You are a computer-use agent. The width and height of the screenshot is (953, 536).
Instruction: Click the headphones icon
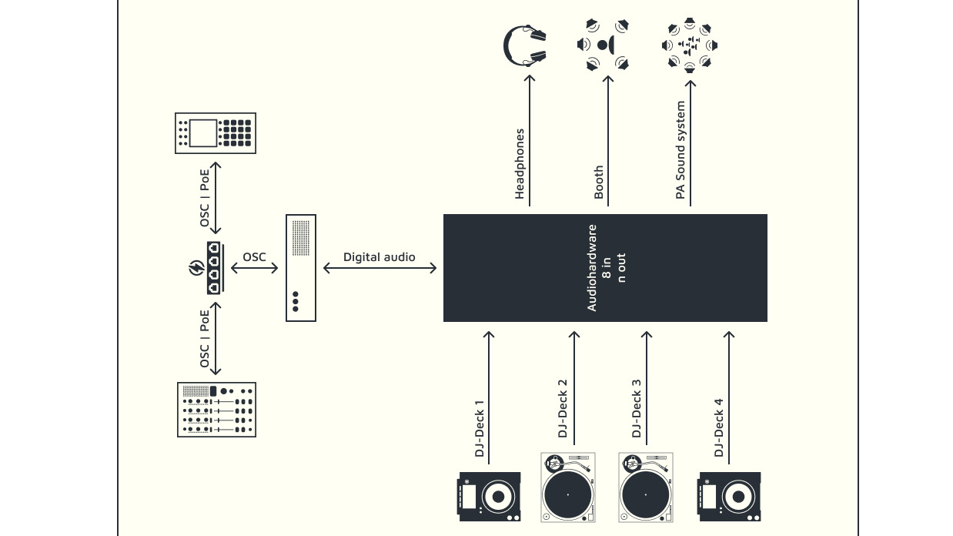tap(525, 45)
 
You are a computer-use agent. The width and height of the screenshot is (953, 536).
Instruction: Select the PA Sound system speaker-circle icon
tap(690, 45)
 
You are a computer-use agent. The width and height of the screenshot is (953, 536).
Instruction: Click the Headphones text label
tap(520, 163)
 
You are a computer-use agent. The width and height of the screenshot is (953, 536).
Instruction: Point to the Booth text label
tap(599, 183)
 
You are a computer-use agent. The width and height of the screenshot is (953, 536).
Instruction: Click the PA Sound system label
tap(680, 150)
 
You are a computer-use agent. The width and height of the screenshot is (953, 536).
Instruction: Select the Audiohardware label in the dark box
tap(592, 268)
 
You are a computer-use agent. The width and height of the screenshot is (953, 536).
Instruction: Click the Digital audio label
tap(379, 256)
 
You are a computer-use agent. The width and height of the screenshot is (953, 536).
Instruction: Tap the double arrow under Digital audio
tap(380, 268)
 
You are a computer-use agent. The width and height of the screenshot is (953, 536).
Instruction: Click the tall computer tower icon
tap(301, 268)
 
